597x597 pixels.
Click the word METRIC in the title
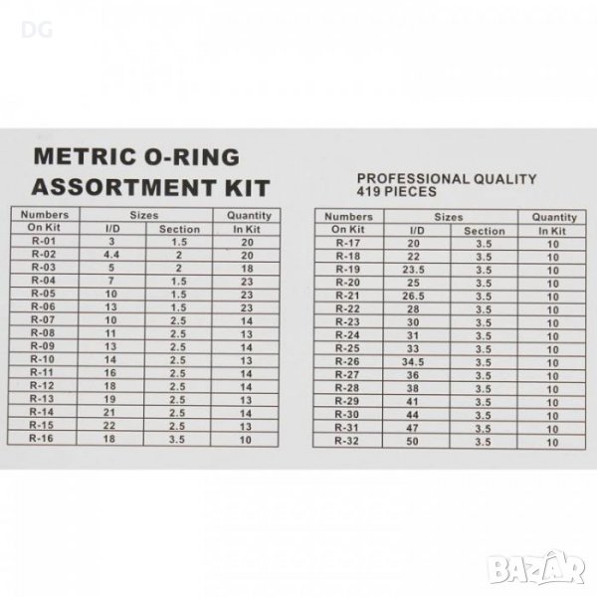click(85, 157)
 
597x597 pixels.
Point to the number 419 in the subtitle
click(368, 191)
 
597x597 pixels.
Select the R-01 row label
click(44, 241)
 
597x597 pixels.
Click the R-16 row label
click(41, 438)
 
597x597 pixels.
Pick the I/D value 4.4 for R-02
click(111, 255)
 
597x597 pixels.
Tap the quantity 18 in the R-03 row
click(247, 269)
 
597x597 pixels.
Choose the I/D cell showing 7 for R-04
click(111, 281)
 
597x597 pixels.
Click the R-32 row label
click(346, 441)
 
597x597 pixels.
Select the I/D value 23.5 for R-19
click(414, 270)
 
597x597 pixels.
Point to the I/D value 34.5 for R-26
click(413, 362)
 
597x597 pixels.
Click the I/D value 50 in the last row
click(412, 441)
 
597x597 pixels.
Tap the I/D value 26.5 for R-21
click(414, 297)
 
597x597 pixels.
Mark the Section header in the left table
click(179, 229)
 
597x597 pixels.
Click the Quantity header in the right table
click(554, 217)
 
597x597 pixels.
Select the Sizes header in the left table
click(144, 215)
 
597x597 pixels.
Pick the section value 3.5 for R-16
click(177, 440)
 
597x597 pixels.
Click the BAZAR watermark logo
click(536, 568)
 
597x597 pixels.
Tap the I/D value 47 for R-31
click(412, 428)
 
